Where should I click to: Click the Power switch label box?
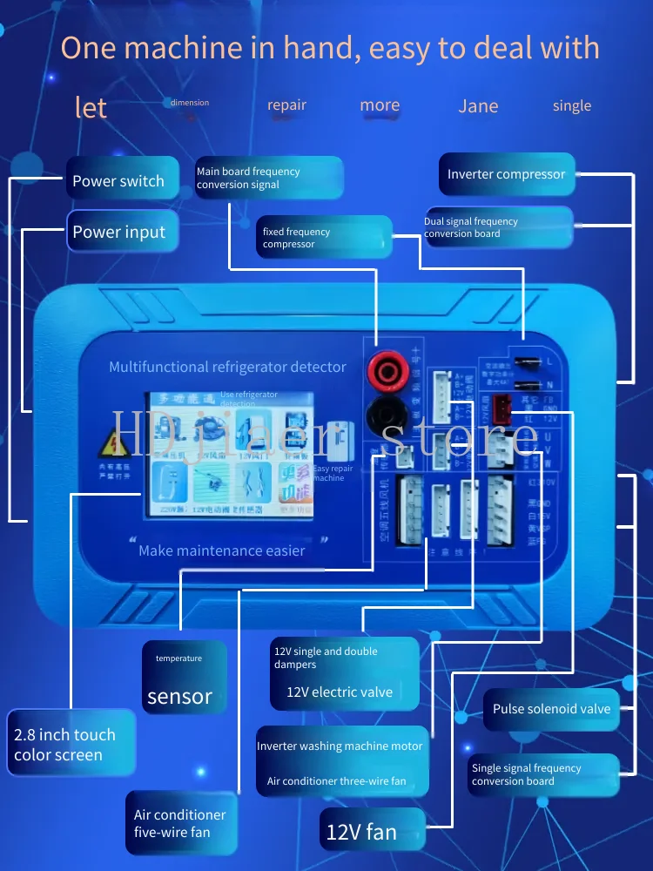coord(122,181)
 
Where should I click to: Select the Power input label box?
coord(122,232)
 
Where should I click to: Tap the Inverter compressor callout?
coord(507,174)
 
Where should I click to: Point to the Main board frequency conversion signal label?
coord(268,178)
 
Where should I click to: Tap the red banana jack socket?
coord(389,372)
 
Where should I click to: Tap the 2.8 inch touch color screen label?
coord(71,745)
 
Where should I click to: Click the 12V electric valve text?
coord(340,692)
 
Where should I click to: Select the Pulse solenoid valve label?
coord(551,708)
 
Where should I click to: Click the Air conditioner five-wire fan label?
coord(181,823)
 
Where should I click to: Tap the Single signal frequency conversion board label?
coord(542,774)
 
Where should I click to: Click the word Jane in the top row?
coord(478,106)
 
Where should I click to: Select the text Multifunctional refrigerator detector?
coord(227,367)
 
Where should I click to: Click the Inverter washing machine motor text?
coord(340,746)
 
